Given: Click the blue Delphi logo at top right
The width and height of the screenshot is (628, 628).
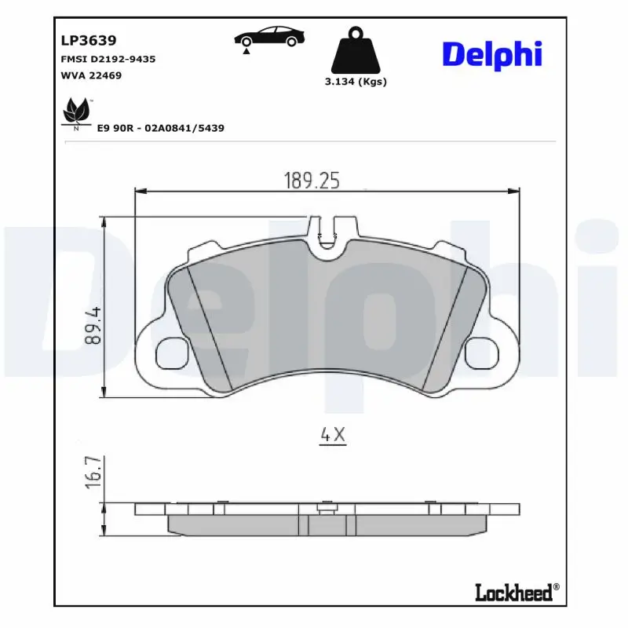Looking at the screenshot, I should click(x=492, y=54).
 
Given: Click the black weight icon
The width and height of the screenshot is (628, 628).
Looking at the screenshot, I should click(x=356, y=51).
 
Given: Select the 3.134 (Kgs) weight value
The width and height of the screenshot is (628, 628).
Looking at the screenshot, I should click(x=356, y=82).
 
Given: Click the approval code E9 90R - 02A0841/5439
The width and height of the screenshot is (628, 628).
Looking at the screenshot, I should click(x=160, y=127).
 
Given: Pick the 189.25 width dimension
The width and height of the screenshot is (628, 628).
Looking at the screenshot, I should click(x=312, y=181).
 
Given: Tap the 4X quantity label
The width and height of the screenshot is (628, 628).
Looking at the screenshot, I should click(x=333, y=434).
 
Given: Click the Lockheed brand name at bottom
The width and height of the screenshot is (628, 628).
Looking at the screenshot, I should click(x=513, y=593).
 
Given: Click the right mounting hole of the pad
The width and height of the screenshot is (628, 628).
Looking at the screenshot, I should click(x=482, y=353).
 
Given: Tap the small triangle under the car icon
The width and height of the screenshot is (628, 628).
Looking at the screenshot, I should click(x=246, y=50).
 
